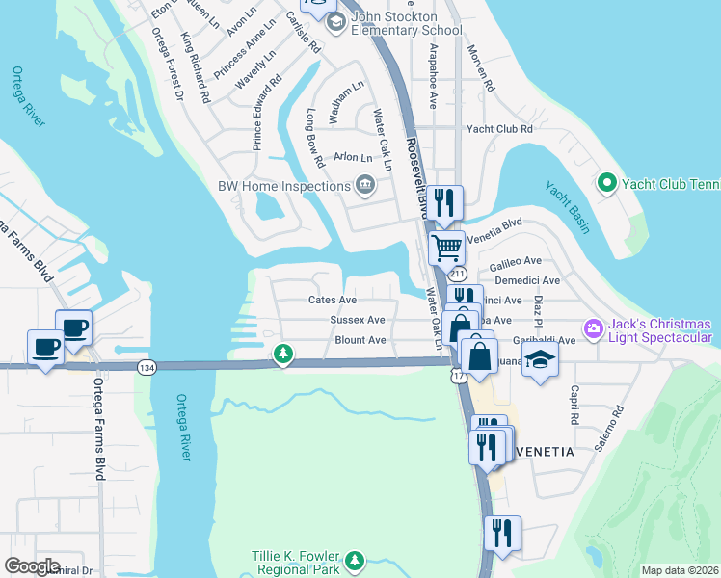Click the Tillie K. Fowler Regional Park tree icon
355,560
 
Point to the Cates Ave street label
333,301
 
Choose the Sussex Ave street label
358,320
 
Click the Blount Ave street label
360,340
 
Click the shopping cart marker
446,248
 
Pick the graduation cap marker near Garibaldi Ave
541,360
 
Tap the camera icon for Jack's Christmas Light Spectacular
592,330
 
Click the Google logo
32,566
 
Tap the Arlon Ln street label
352,157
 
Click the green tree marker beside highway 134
282,354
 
